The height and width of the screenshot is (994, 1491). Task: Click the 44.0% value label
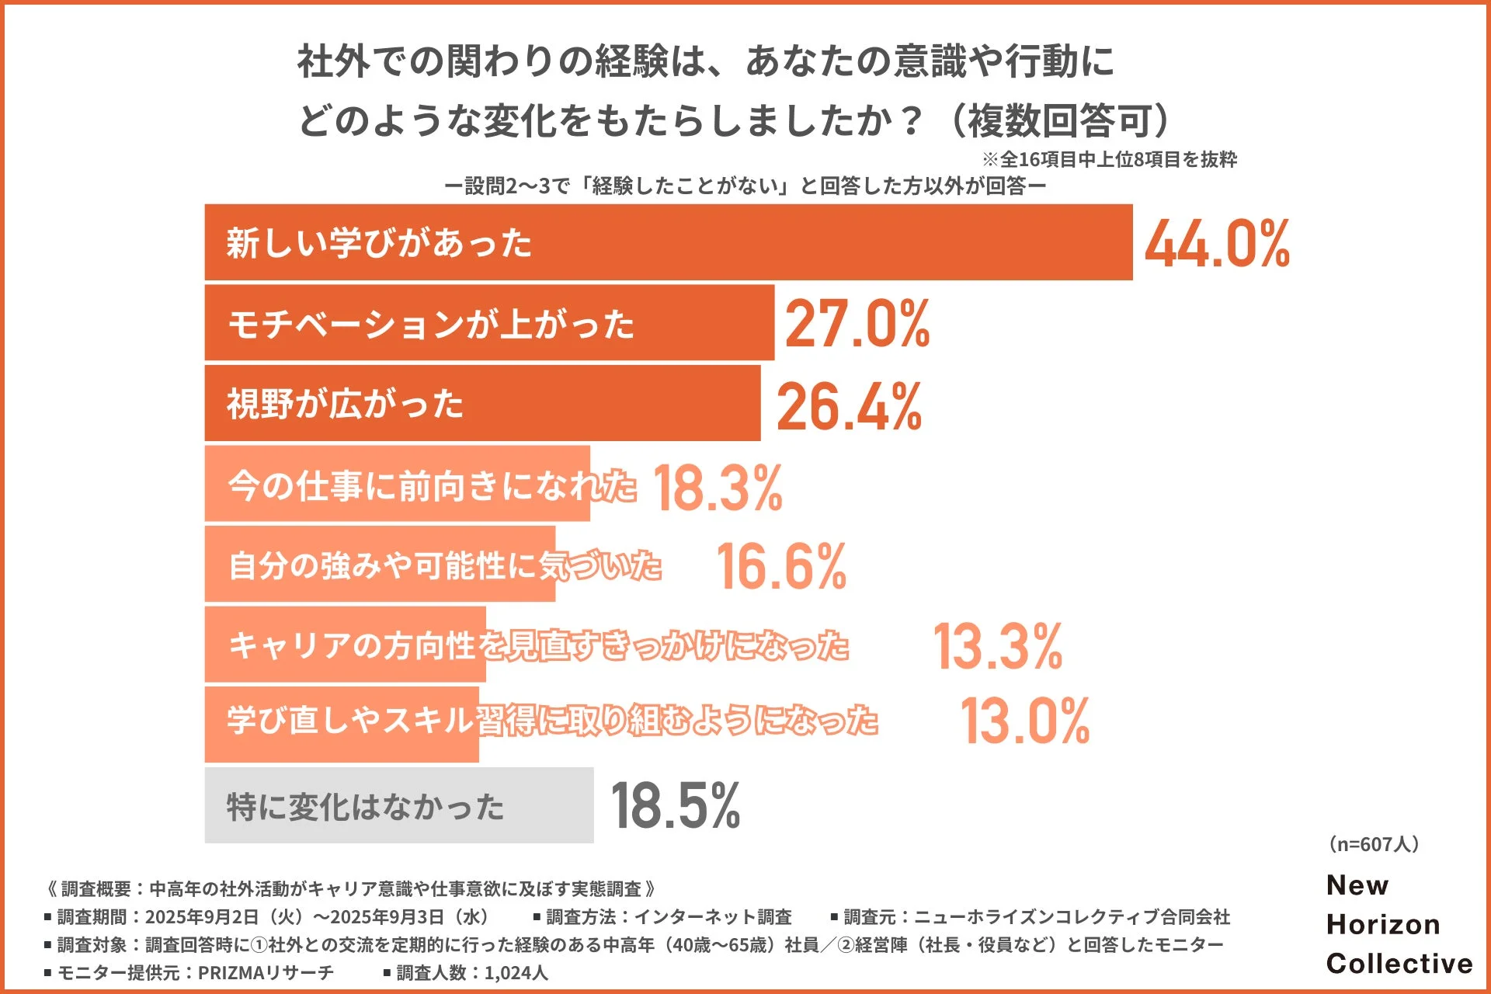[1217, 244]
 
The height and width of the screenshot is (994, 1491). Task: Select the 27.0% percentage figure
[857, 324]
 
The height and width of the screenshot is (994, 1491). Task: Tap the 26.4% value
[849, 407]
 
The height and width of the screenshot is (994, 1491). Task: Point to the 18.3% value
[718, 488]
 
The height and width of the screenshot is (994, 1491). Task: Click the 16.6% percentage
[781, 567]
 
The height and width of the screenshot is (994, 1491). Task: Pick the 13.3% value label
[998, 646]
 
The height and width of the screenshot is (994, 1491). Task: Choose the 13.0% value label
[1025, 721]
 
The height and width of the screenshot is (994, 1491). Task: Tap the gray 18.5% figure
[676, 806]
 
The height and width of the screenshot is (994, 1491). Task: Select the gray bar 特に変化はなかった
[399, 805]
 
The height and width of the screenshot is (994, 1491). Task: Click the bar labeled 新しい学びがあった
[668, 242]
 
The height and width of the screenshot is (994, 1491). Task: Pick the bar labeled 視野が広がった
[481, 404]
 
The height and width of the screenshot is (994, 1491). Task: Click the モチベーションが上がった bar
[489, 323]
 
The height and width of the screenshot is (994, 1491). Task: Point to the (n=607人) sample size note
[1374, 844]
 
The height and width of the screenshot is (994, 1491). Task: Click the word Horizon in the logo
[1383, 924]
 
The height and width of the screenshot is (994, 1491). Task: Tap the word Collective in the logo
[1399, 964]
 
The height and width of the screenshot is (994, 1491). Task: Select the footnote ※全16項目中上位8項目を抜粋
[1110, 160]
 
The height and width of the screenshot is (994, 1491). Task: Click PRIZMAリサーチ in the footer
[266, 973]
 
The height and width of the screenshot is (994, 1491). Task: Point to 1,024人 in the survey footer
[516, 973]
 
